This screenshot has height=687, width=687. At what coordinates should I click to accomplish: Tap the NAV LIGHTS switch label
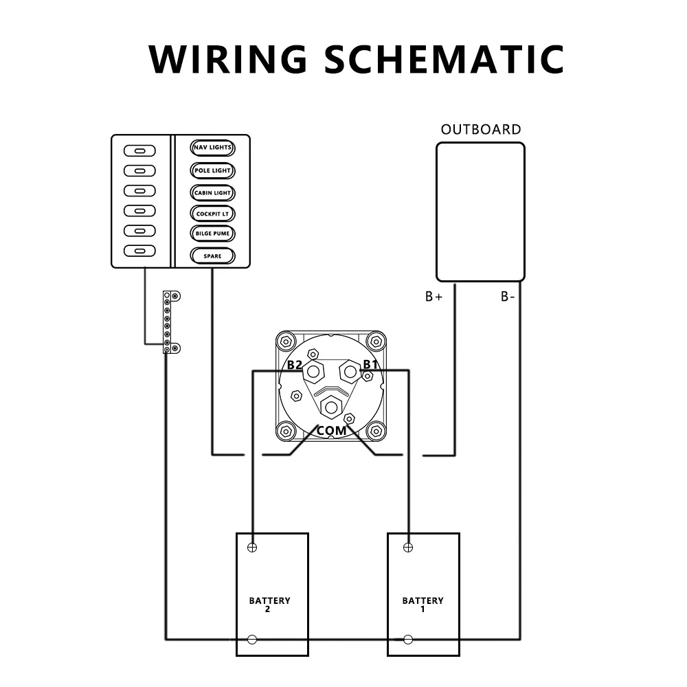(x=212, y=148)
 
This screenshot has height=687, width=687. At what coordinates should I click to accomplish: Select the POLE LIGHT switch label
(x=212, y=170)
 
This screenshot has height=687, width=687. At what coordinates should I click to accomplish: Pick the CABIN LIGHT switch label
(x=212, y=193)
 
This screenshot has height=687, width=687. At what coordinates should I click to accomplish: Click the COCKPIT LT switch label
(x=212, y=214)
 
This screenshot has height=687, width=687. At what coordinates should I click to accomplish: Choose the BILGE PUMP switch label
(x=212, y=234)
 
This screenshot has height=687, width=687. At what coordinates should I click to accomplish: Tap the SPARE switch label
(x=212, y=256)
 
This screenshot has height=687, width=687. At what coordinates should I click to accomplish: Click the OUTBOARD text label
(x=481, y=129)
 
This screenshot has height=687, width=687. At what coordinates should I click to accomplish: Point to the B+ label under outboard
(x=433, y=297)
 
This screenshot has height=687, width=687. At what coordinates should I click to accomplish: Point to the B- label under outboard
(x=508, y=297)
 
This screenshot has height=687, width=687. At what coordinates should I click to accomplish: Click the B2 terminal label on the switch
(x=294, y=365)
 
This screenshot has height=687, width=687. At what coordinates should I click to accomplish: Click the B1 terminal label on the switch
(x=370, y=364)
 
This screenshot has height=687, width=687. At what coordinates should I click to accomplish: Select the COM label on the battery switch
(x=331, y=431)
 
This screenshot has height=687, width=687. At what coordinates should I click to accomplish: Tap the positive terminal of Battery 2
(x=252, y=548)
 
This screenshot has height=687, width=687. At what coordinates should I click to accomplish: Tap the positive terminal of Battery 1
(x=408, y=548)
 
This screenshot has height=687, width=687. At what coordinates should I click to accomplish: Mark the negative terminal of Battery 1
(x=408, y=640)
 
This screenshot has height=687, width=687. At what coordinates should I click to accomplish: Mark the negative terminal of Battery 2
(x=252, y=640)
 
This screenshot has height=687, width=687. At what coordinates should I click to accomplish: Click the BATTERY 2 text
(x=269, y=605)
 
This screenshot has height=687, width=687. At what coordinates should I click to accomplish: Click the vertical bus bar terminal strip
(x=167, y=322)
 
